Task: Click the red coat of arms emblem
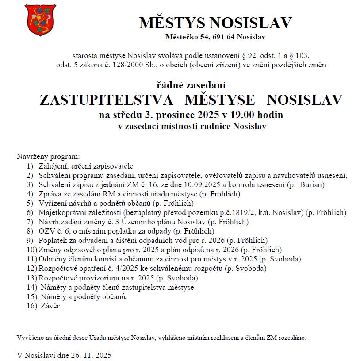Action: coord(41,20)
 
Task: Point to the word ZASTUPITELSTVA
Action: coord(106,100)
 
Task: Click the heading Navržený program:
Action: coord(48,157)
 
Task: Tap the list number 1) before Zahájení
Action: coord(30,166)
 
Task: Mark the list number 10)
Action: coord(31,250)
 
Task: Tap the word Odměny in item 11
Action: coord(52,259)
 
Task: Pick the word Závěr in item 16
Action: coord(50,306)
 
